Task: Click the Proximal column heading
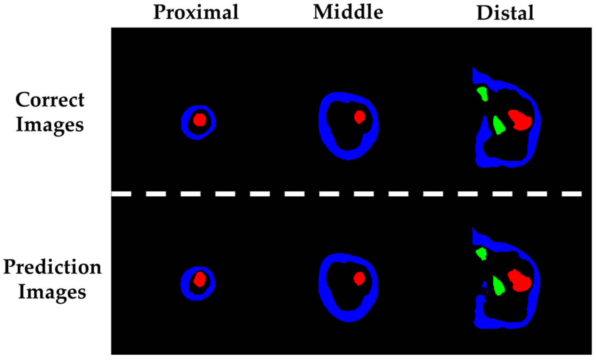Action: pyautogui.click(x=196, y=13)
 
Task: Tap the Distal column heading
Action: pyautogui.click(x=505, y=13)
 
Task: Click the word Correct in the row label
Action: pyautogui.click(x=50, y=100)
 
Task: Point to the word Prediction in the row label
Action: pyautogui.click(x=52, y=267)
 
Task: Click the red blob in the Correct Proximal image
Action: pyautogui.click(x=200, y=120)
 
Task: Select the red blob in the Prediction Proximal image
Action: pyautogui.click(x=200, y=279)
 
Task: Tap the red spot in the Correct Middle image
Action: pyautogui.click(x=360, y=117)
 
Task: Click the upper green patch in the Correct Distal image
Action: pyautogui.click(x=482, y=94)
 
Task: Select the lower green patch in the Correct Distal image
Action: pyautogui.click(x=498, y=125)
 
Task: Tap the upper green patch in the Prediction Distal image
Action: pyautogui.click(x=481, y=254)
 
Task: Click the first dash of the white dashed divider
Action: pyautogui.click(x=121, y=194)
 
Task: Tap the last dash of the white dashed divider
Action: pyautogui.click(x=572, y=194)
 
